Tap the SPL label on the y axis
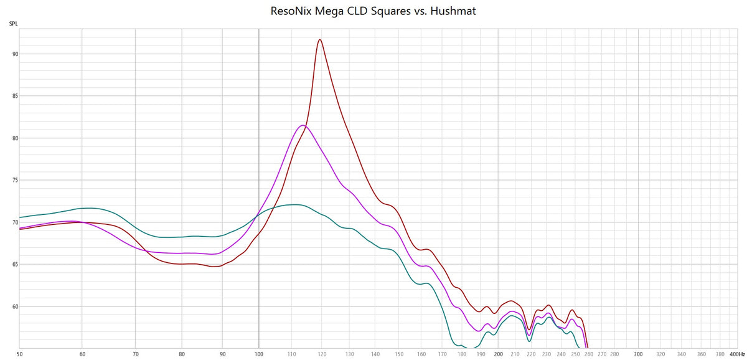(x=13, y=24)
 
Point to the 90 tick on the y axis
(x=13, y=54)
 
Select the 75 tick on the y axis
(x=13, y=181)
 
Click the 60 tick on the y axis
(x=13, y=306)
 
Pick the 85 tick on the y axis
(x=13, y=97)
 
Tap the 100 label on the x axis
(x=258, y=354)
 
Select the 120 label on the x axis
(x=321, y=354)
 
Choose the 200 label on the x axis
(x=498, y=354)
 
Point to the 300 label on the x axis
(x=638, y=354)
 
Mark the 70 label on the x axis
(x=136, y=354)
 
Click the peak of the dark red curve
(x=320, y=40)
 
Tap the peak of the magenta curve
(x=303, y=125)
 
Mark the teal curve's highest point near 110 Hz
(x=295, y=204)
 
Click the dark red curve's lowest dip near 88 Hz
(x=215, y=267)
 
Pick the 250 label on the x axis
(x=575, y=354)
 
